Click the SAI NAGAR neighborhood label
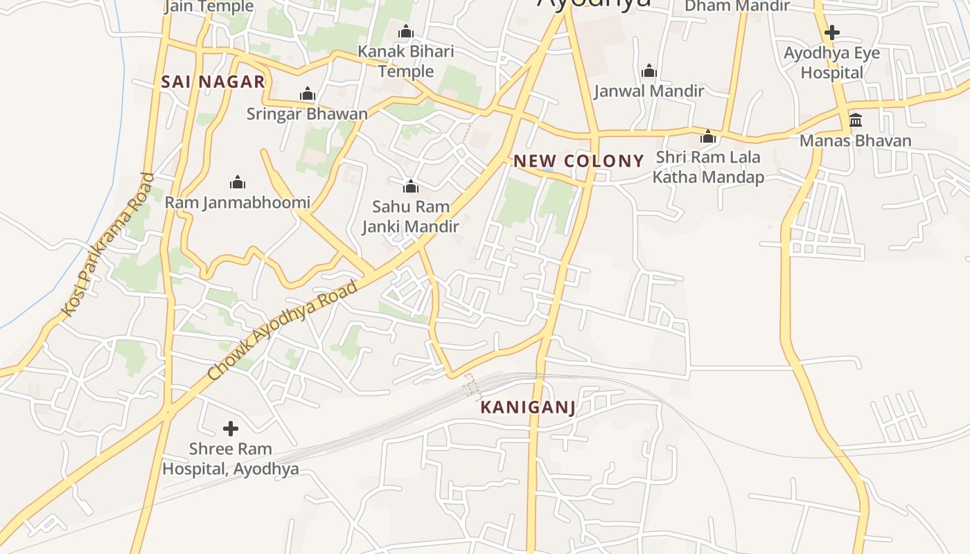[x=213, y=82]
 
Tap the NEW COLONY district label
[x=579, y=161]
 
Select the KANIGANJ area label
[x=528, y=407]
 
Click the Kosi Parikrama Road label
[x=107, y=245]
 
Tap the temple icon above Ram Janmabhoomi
[x=238, y=183]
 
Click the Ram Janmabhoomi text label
[x=238, y=203]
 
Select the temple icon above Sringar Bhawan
[x=308, y=94]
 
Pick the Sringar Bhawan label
[x=307, y=114]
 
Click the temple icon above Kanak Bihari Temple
[x=406, y=32]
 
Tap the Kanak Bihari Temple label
[x=406, y=62]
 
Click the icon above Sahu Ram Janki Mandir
[x=411, y=186]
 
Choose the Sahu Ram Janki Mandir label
[x=411, y=217]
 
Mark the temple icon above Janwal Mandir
[x=649, y=71]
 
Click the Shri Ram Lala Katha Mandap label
[x=708, y=167]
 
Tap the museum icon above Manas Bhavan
[x=856, y=120]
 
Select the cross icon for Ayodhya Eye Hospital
[x=832, y=33]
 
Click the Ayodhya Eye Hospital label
[x=831, y=63]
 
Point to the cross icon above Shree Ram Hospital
[x=231, y=429]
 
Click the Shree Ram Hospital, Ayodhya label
[x=231, y=459]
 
